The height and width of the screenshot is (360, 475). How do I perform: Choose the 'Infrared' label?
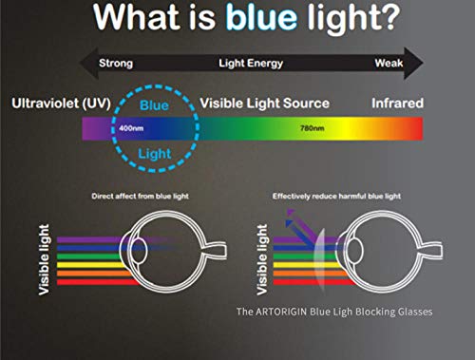396,102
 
